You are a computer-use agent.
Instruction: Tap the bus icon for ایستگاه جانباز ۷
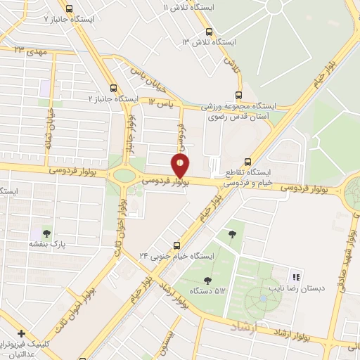[68, 8]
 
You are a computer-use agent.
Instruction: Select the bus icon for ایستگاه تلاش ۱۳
[208, 32]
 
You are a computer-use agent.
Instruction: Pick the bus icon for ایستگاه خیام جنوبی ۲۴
[176, 245]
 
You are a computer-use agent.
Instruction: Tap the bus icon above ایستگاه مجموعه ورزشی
[239, 95]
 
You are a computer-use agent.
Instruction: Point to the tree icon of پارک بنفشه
[46, 232]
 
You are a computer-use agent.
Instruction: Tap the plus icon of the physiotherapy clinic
[22, 333]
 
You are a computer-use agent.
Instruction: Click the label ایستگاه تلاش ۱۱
[184, 7]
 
